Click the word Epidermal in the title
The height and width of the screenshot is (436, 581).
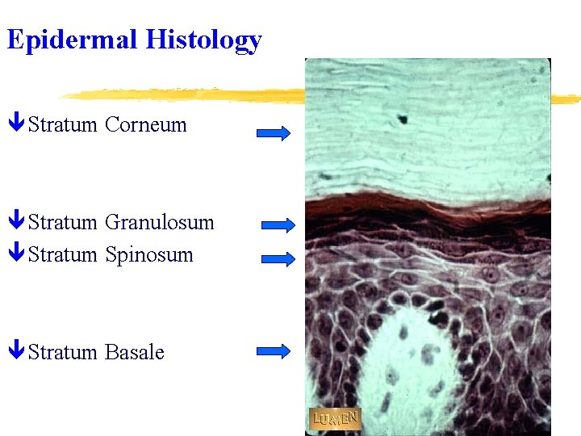(x=72, y=40)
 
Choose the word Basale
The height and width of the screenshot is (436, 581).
(x=135, y=353)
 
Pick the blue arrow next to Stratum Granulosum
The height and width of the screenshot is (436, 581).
(x=279, y=226)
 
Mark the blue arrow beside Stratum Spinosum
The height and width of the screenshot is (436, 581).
(x=279, y=259)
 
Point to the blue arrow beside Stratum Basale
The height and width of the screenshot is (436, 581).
(x=274, y=350)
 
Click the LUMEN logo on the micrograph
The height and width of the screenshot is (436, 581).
(x=335, y=419)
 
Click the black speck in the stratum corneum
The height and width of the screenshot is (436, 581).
(x=402, y=119)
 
